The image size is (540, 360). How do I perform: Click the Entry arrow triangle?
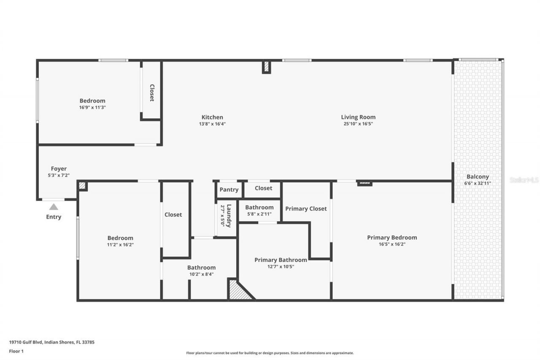click(54, 207)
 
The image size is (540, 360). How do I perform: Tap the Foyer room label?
click(59, 169)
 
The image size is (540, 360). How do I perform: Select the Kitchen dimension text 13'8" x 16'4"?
click(212, 124)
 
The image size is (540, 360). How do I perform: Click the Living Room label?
click(358, 117)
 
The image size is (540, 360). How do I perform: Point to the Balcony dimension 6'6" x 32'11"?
click(478, 183)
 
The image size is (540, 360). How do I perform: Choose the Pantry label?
click(229, 190)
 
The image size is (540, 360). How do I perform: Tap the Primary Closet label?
click(306, 208)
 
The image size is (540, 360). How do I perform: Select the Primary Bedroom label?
click(392, 238)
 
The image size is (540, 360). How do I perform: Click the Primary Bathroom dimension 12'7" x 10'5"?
click(281, 266)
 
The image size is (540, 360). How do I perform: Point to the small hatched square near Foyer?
click(83, 185)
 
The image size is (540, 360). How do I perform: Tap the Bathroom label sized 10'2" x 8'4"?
click(201, 268)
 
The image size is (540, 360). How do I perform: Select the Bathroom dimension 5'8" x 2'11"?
click(259, 214)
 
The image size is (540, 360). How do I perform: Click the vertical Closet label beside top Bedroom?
click(151, 93)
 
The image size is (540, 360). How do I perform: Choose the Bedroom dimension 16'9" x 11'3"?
click(92, 107)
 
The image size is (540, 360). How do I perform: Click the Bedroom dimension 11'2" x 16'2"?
click(120, 244)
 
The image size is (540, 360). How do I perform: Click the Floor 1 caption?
click(16, 351)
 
